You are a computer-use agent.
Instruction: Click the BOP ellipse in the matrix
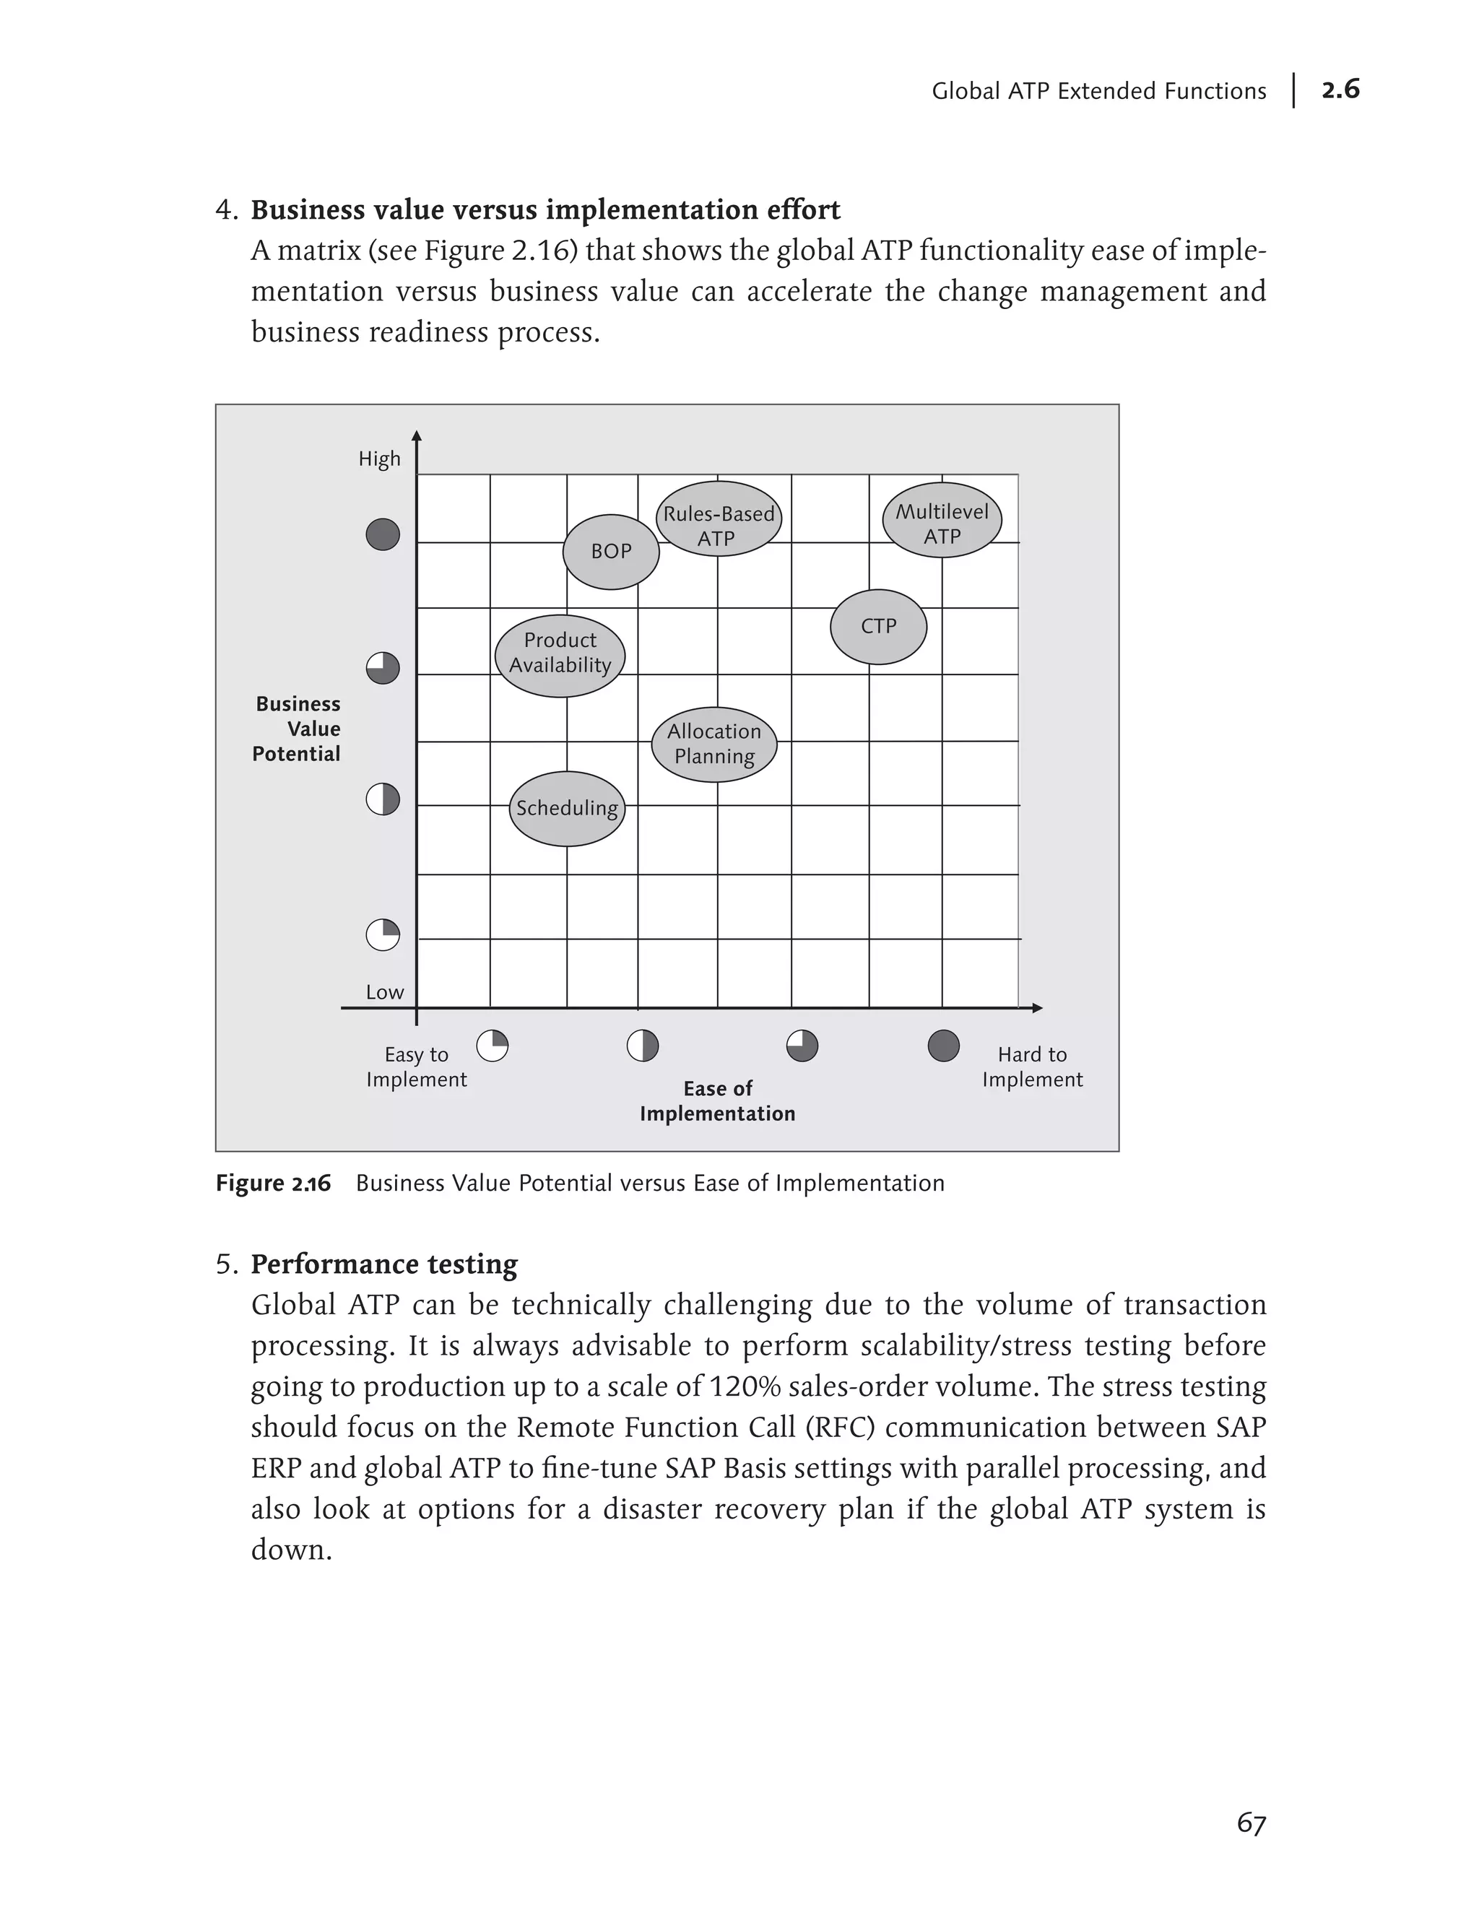pyautogui.click(x=611, y=552)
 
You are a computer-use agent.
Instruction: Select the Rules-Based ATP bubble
pyautogui.click(x=719, y=519)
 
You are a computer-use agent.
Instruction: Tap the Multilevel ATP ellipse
pyautogui.click(x=942, y=521)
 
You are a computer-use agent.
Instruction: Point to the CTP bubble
pyautogui.click(x=879, y=627)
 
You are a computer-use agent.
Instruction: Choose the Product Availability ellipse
pyautogui.click(x=560, y=656)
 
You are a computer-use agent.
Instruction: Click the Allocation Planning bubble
pyautogui.click(x=714, y=744)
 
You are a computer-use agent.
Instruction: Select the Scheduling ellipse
pyautogui.click(x=567, y=809)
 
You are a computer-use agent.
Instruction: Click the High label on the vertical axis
pyautogui.click(x=379, y=459)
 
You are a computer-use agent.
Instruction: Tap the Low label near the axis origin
pyautogui.click(x=385, y=993)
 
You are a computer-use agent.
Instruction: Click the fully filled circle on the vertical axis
pyautogui.click(x=383, y=534)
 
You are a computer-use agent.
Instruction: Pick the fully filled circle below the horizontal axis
pyautogui.click(x=944, y=1046)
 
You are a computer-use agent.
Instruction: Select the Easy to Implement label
pyautogui.click(x=417, y=1067)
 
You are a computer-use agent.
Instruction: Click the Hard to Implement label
pyautogui.click(x=1032, y=1067)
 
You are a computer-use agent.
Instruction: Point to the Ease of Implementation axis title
pyautogui.click(x=718, y=1101)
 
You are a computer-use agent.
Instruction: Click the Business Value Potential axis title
pyautogui.click(x=297, y=729)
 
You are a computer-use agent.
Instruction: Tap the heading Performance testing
pyautogui.click(x=384, y=1264)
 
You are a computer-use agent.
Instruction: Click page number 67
pyautogui.click(x=1251, y=1823)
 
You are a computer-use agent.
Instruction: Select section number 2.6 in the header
pyautogui.click(x=1340, y=90)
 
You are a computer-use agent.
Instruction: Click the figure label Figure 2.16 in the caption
pyautogui.click(x=273, y=1184)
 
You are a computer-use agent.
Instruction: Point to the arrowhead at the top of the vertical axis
pyautogui.click(x=417, y=435)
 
